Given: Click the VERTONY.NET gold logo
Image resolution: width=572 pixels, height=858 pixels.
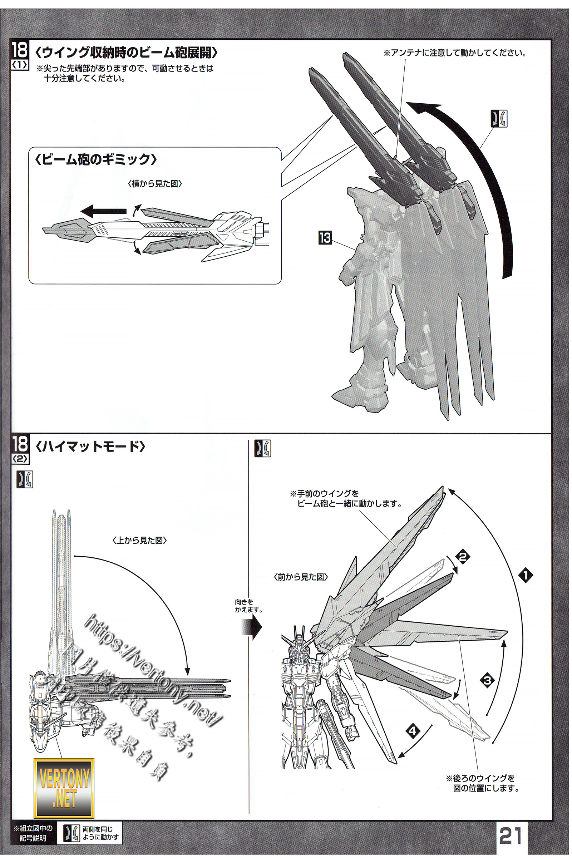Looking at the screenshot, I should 64,790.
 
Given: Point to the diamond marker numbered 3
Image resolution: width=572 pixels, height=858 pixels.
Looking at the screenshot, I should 487,680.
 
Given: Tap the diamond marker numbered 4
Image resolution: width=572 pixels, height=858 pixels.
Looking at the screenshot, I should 412,731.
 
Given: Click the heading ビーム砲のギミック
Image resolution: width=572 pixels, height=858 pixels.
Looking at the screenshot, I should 95,160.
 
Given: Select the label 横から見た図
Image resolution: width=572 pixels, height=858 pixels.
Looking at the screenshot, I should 155,184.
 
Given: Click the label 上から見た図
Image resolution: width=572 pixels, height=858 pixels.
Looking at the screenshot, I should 140,540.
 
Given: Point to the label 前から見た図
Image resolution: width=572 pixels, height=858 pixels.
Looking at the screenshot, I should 301,577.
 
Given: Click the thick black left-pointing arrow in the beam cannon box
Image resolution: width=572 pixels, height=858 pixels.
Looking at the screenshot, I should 103,211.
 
